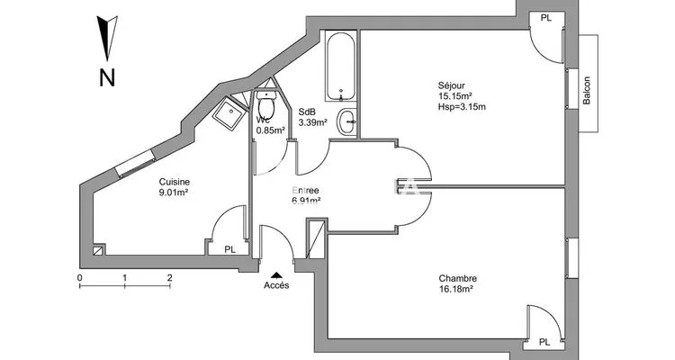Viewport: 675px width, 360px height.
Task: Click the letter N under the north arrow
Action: (x=107, y=78)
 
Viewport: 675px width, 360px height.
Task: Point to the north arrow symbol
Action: (x=107, y=38)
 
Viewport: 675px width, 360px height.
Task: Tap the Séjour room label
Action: (x=451, y=85)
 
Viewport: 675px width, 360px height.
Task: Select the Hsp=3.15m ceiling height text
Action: (x=462, y=107)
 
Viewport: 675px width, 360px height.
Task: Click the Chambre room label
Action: (x=457, y=279)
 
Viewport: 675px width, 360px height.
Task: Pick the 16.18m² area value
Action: (x=456, y=290)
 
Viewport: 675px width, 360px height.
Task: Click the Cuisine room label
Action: (x=175, y=182)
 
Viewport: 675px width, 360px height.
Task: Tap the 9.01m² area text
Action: (x=174, y=193)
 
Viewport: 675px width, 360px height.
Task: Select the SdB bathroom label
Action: (x=307, y=112)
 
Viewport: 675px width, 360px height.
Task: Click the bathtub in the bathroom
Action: (x=341, y=66)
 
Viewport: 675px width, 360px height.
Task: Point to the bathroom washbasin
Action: (x=347, y=121)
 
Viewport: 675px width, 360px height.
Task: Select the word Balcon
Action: (x=586, y=90)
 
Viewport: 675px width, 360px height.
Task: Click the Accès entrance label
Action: (x=276, y=285)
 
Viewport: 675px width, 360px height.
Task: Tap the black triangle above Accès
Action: (x=276, y=275)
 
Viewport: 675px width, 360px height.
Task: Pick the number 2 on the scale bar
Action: (x=169, y=278)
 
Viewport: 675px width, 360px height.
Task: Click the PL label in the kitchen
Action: (x=229, y=249)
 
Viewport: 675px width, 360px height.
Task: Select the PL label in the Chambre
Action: (x=544, y=342)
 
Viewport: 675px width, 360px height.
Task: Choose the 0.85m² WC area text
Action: (x=271, y=130)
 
